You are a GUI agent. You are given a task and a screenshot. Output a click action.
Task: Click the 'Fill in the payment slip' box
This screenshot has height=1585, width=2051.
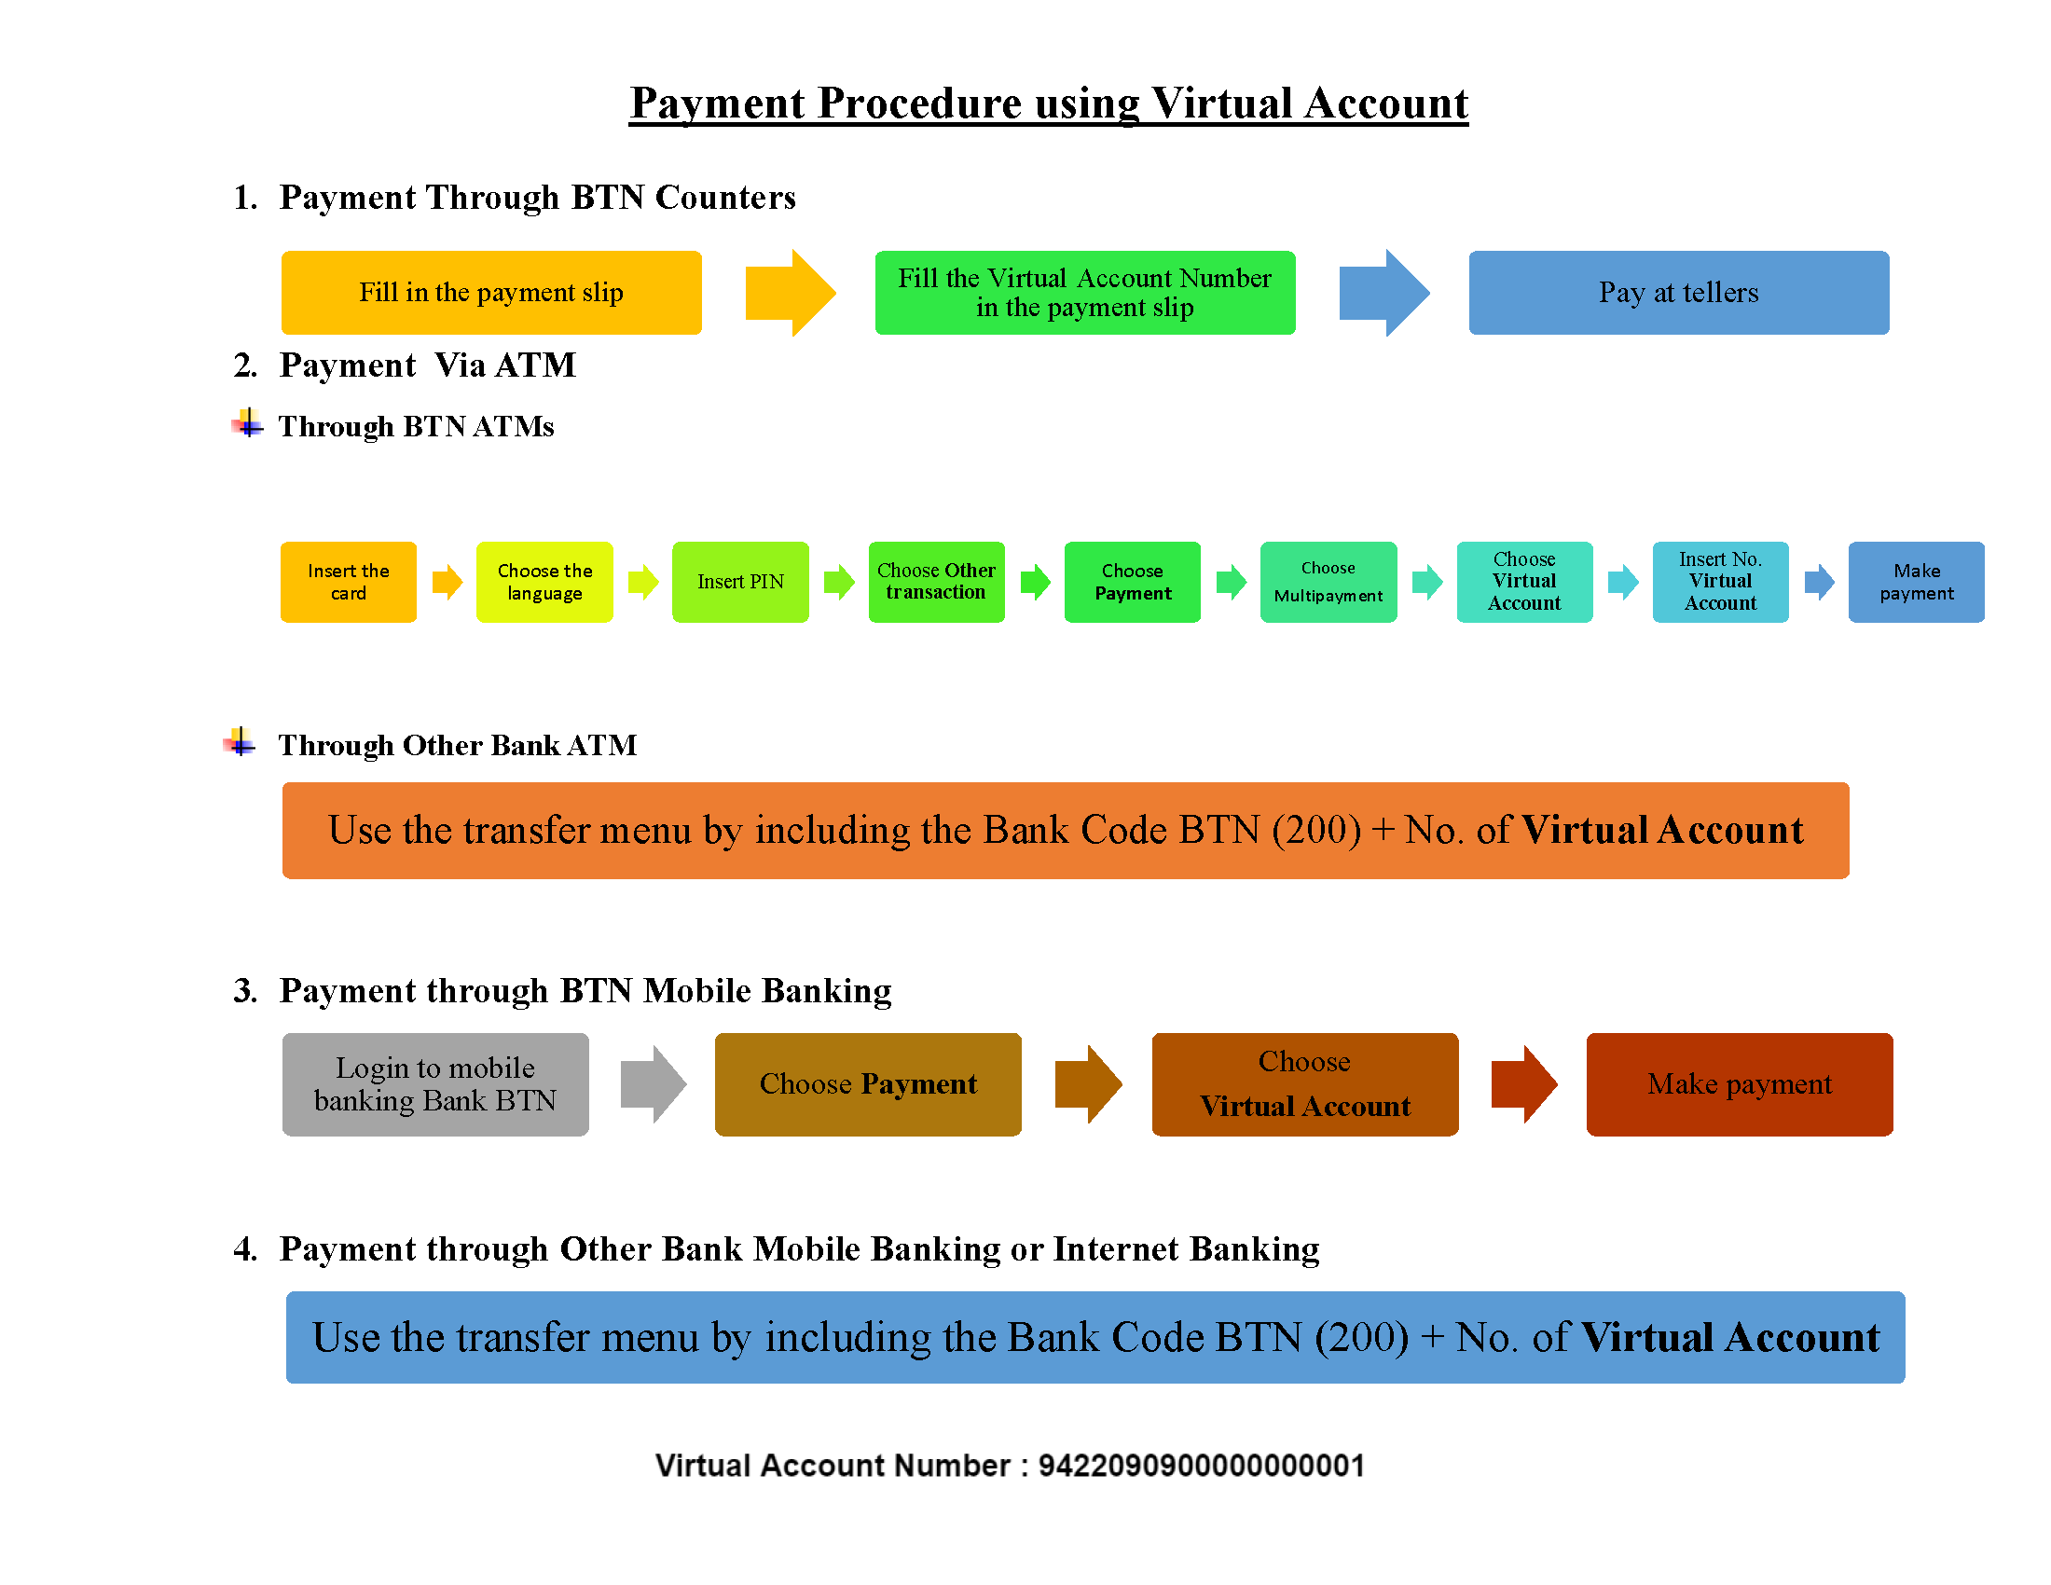click(491, 292)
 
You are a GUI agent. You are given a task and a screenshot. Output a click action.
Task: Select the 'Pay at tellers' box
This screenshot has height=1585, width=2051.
click(1678, 292)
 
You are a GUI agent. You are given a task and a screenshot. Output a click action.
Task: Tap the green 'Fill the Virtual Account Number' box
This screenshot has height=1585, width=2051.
click(1084, 292)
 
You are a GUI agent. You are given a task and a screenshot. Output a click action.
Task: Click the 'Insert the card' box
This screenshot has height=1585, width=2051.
click(349, 581)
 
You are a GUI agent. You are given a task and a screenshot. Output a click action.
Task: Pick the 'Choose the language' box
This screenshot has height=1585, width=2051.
click(544, 581)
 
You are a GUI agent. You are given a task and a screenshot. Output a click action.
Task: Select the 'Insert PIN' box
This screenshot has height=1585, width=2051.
click(740, 581)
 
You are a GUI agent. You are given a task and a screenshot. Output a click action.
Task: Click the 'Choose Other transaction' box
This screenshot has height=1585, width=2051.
click(936, 581)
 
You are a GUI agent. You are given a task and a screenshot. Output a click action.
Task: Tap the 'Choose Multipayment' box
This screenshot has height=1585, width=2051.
click(1328, 581)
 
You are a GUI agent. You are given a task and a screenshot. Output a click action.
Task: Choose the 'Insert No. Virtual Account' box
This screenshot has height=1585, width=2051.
click(1720, 581)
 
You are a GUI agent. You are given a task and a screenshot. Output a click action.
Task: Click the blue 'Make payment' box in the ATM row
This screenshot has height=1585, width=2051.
click(1916, 581)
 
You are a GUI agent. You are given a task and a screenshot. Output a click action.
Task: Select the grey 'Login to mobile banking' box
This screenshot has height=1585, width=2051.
click(435, 1083)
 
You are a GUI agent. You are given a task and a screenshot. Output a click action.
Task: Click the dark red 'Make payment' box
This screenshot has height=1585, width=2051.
click(1740, 1083)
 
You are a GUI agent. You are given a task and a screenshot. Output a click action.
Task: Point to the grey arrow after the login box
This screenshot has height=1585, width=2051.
click(654, 1083)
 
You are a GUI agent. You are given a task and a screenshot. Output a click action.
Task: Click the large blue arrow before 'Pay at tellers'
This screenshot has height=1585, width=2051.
click(1384, 292)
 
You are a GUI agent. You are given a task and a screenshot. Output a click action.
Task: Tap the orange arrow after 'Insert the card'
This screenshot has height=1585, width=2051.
click(447, 581)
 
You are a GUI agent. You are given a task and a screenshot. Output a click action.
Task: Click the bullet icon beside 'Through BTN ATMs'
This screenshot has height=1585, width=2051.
click(247, 422)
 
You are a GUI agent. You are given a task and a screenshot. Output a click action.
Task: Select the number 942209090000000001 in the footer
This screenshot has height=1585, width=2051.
click(1201, 1465)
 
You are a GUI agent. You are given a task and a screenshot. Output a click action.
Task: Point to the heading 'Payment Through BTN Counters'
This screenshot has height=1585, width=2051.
click(537, 197)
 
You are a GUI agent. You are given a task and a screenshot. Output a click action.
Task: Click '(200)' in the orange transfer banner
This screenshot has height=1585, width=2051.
click(1316, 830)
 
